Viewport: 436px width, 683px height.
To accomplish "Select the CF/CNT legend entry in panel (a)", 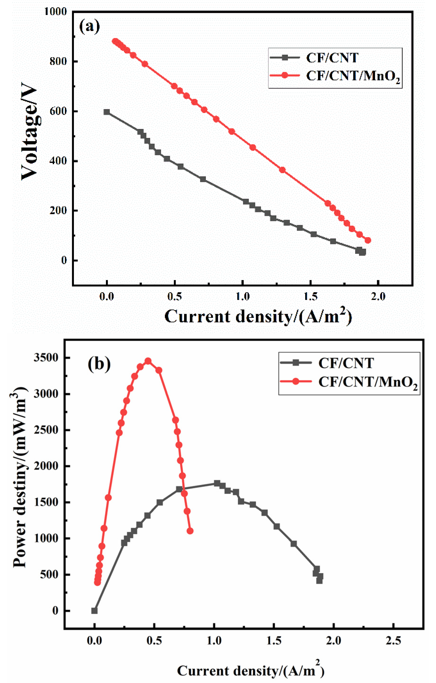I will [332, 58].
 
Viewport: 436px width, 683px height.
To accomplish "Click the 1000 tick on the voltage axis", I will [56, 12].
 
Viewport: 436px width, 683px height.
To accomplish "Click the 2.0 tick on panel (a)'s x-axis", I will [378, 296].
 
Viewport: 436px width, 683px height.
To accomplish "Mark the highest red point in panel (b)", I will [148, 361].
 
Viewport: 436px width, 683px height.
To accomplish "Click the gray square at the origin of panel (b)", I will [95, 611].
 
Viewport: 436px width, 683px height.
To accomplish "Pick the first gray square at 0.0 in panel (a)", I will [107, 112].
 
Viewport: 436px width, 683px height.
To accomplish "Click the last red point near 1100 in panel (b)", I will [190, 531].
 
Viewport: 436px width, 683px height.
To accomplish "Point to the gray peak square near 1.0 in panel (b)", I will [217, 483].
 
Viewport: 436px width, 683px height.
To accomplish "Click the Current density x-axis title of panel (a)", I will [258, 317].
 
